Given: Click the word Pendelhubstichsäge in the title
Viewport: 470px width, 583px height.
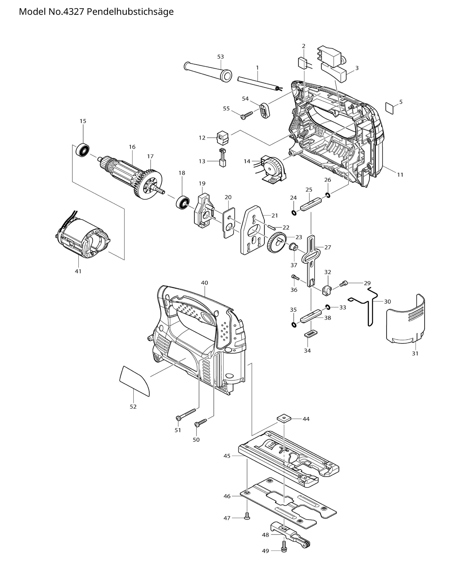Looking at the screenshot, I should coord(130,12).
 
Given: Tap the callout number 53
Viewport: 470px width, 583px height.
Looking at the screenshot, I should coord(221,57).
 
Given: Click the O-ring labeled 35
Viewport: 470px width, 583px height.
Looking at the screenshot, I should coord(294,325).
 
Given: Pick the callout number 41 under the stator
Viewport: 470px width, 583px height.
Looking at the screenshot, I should coord(78,271).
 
